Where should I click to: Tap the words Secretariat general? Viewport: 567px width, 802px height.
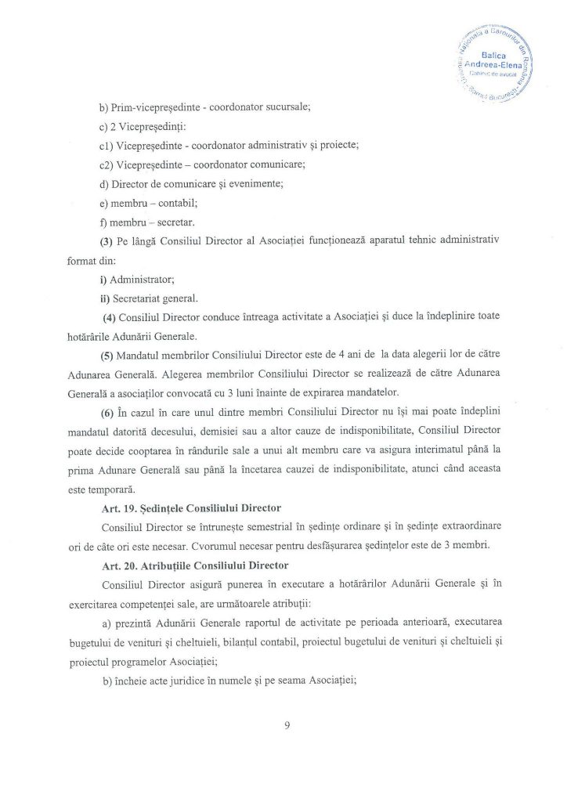click(156, 298)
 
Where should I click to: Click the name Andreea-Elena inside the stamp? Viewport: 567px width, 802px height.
click(498, 65)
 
